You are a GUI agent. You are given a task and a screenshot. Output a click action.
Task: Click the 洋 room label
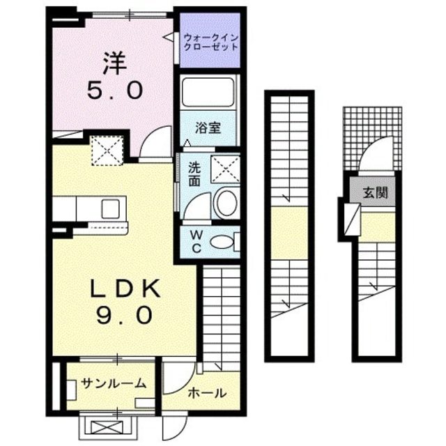pyautogui.click(x=115, y=64)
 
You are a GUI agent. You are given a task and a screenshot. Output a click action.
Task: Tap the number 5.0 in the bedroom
pyautogui.click(x=115, y=91)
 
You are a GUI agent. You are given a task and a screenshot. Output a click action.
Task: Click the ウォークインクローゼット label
pyautogui.click(x=210, y=42)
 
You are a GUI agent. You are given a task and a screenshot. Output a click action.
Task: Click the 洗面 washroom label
pyautogui.click(x=194, y=173)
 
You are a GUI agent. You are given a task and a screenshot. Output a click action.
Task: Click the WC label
pyautogui.click(x=195, y=241)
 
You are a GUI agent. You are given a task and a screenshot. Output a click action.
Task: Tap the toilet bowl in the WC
pyautogui.click(x=222, y=242)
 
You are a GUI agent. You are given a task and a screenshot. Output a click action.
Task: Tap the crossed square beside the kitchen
pyautogui.click(x=108, y=148)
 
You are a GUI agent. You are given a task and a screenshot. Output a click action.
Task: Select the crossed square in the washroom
pyautogui.click(x=225, y=167)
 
